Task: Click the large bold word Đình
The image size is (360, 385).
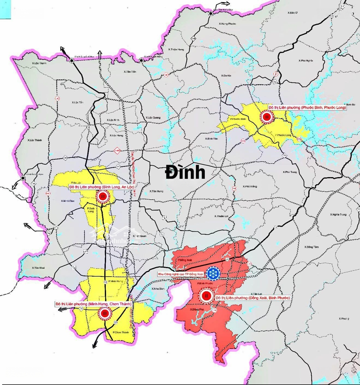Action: click(x=185, y=173)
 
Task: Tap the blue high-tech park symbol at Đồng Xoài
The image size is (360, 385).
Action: click(x=213, y=273)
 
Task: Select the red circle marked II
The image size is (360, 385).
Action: click(x=206, y=295)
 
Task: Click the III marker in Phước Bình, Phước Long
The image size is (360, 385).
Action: click(x=266, y=116)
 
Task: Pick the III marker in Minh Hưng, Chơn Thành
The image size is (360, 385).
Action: click(x=105, y=314)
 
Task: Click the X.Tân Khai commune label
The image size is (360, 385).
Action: click(x=37, y=268)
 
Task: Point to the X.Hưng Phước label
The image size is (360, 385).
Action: click(x=228, y=24)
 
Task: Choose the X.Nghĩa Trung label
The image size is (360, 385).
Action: click(x=338, y=215)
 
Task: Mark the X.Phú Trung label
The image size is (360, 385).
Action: click(x=290, y=172)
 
